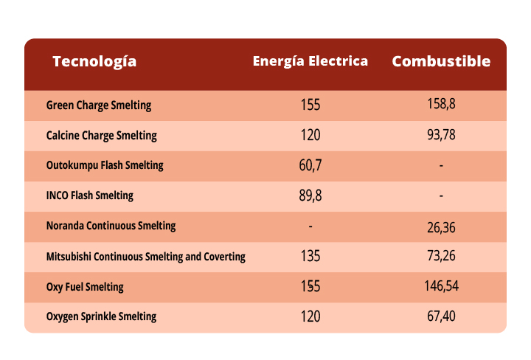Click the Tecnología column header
click(x=94, y=61)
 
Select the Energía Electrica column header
click(x=310, y=61)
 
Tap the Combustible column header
click(x=441, y=61)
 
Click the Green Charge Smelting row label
click(x=98, y=105)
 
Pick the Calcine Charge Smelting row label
click(x=101, y=136)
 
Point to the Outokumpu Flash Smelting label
click(x=105, y=165)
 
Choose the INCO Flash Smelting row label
click(x=89, y=195)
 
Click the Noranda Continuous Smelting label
click(x=111, y=226)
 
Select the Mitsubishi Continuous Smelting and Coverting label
click(x=145, y=257)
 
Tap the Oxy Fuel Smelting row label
click(x=85, y=286)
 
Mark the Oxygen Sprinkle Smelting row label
click(x=101, y=316)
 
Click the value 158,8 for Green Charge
click(x=441, y=105)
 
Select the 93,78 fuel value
click(x=441, y=136)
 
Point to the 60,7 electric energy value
click(x=310, y=165)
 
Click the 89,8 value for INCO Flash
click(x=310, y=195)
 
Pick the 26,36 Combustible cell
click(x=441, y=227)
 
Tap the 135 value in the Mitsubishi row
click(x=310, y=257)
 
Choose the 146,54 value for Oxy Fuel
click(x=441, y=286)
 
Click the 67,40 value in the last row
click(x=441, y=316)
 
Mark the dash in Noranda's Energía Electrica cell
click(x=310, y=226)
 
